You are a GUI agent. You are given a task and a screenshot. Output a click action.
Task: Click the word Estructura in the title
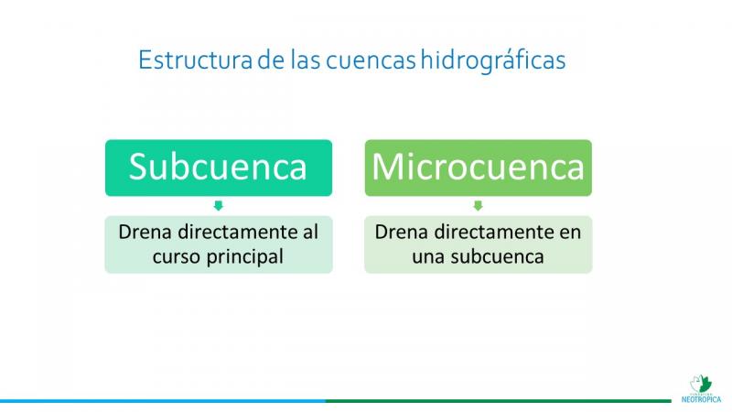click(x=195, y=60)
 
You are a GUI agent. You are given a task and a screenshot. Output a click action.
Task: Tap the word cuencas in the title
click(x=371, y=60)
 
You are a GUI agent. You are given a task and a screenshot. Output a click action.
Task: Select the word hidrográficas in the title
click(x=493, y=60)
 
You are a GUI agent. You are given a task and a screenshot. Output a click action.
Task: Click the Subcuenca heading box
click(x=219, y=168)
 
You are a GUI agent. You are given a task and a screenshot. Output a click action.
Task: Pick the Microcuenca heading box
click(x=478, y=168)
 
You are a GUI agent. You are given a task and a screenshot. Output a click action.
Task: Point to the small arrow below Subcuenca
click(x=218, y=205)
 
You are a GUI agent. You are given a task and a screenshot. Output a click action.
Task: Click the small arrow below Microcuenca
click(x=478, y=205)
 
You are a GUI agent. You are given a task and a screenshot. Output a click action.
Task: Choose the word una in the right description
click(x=428, y=257)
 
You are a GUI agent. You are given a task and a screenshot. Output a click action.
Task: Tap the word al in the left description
click(x=310, y=232)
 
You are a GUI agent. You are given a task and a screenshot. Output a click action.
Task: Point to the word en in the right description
click(x=570, y=233)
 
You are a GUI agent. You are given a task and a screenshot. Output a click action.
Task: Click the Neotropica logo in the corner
click(x=701, y=388)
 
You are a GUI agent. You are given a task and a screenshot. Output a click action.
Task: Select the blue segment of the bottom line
click(x=163, y=401)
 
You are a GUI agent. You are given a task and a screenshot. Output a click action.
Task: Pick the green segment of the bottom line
click(x=498, y=401)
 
